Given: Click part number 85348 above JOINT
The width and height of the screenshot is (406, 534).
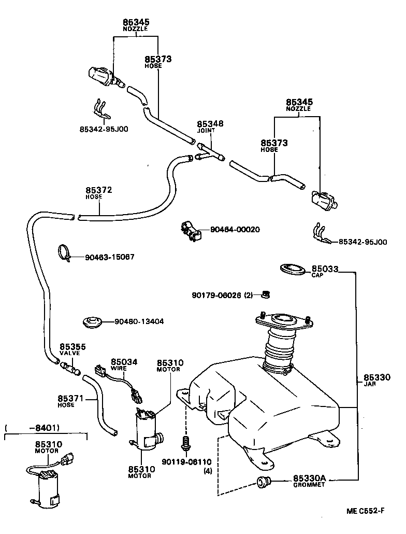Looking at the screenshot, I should pos(210,124).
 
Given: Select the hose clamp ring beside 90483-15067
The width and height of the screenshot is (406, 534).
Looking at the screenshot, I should pos(65,252).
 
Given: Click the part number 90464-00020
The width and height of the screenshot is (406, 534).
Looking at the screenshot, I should pos(235,229).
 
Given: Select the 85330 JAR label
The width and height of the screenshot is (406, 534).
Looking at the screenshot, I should pos(376,381).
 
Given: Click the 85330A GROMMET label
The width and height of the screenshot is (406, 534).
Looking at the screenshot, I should pos(309,481).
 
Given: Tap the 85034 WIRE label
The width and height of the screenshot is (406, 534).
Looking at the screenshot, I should pos(124,364).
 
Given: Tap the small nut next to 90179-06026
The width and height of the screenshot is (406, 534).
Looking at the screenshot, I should pos(265,294).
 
